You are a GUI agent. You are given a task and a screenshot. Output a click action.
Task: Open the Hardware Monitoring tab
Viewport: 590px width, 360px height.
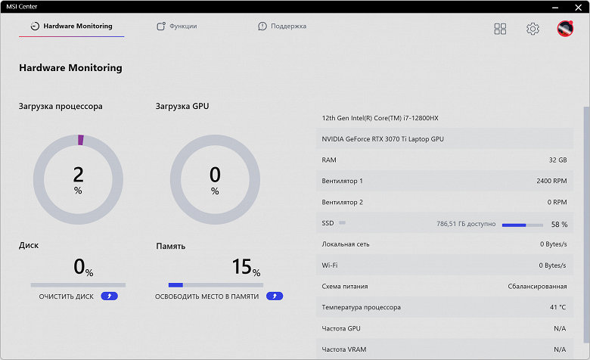coord(72,26)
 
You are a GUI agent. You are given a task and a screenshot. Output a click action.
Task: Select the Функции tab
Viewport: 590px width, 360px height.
coord(177,26)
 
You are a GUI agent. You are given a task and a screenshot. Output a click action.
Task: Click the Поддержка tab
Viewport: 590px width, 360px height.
coord(282,26)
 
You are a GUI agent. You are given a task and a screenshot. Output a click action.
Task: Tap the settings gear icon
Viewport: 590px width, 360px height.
coord(533,29)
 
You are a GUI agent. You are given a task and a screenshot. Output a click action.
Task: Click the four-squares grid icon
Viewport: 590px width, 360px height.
coord(500,29)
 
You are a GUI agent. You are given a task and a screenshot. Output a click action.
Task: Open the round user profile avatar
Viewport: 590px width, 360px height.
coord(565,29)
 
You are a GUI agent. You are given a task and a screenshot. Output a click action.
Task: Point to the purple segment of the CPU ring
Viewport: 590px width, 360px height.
coord(80,140)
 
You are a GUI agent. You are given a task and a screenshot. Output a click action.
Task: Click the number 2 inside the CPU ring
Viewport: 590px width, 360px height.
coord(78,175)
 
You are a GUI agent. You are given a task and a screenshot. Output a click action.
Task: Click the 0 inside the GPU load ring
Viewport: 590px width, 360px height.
coord(215,175)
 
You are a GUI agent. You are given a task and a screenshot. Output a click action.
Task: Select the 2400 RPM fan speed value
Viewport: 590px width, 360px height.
coord(551,182)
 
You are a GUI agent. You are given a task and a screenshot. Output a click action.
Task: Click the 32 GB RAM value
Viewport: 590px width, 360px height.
coord(557,160)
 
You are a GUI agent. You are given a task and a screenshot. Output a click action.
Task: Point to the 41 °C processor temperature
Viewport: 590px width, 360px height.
coord(557,308)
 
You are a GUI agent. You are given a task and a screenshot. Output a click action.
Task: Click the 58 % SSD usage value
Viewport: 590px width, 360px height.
coord(559,224)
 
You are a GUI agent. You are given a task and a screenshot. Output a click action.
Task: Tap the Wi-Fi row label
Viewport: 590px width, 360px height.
coord(330,265)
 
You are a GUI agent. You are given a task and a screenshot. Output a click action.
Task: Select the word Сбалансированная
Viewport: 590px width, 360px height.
coord(537,287)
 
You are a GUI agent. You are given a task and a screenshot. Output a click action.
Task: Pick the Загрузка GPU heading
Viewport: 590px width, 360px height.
coord(182,107)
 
